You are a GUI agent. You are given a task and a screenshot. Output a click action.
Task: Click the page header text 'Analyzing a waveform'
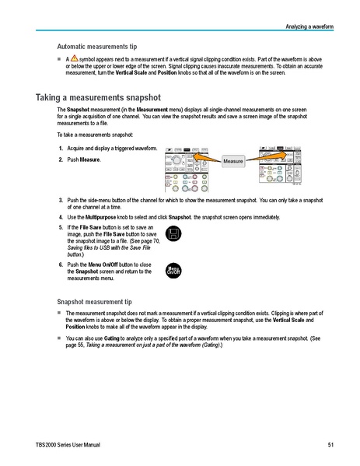coord(309,26)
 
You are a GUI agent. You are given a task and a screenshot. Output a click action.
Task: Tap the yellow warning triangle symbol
coord(74,59)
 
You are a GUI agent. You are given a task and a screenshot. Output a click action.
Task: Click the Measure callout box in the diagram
coord(233,161)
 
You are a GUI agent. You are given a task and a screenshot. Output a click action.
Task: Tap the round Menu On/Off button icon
coord(174,269)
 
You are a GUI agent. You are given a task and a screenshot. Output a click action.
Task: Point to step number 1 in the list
coord(61,149)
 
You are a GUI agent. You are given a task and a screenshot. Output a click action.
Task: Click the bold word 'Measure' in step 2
coord(90,159)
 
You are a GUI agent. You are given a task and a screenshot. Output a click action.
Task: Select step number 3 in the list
coord(61,200)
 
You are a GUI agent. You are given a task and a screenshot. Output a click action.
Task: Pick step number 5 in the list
coord(61,226)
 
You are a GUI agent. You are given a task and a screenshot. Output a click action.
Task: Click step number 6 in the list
coord(61,265)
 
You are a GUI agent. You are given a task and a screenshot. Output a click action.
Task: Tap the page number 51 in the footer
coord(330,444)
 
